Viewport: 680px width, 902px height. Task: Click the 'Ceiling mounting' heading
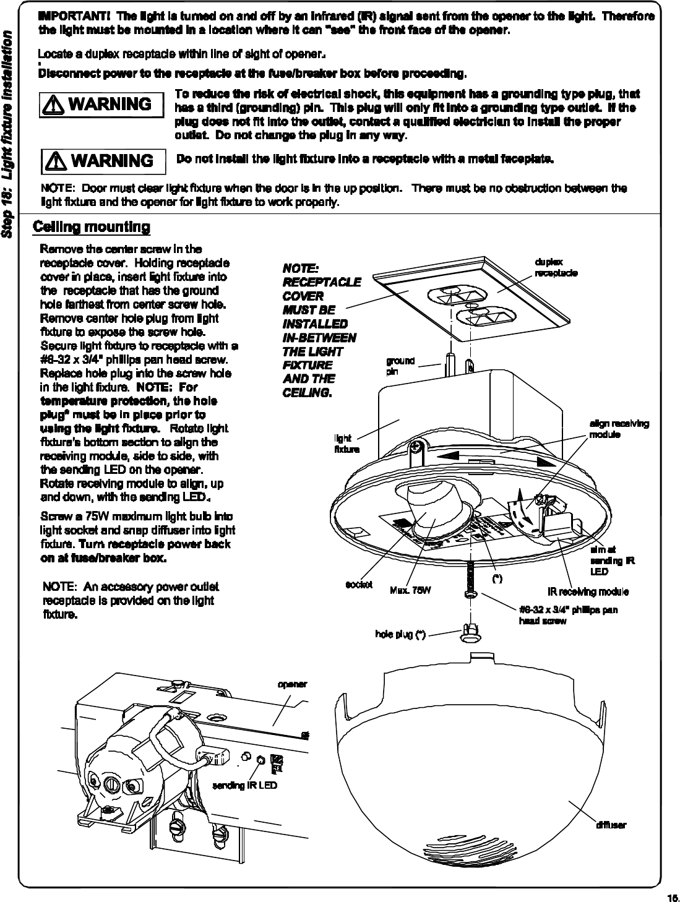pyautogui.click(x=92, y=227)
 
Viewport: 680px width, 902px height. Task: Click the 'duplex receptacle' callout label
pyautogui.click(x=556, y=267)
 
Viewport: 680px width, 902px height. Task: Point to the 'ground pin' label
pyautogui.click(x=400, y=366)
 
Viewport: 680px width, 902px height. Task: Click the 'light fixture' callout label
pyautogui.click(x=346, y=444)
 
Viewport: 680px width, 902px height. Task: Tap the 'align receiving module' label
pyautogui.click(x=619, y=429)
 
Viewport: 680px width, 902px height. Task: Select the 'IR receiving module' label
pyautogui.click(x=588, y=592)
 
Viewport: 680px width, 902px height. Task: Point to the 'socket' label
pyautogui.click(x=359, y=585)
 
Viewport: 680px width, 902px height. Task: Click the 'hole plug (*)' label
pyautogui.click(x=400, y=634)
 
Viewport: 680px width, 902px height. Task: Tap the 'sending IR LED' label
pyautogui.click(x=244, y=785)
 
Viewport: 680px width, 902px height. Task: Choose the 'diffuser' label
pyautogui.click(x=611, y=825)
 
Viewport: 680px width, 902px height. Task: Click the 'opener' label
pyautogui.click(x=292, y=684)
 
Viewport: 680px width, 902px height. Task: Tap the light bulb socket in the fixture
pyautogui.click(x=430, y=504)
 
